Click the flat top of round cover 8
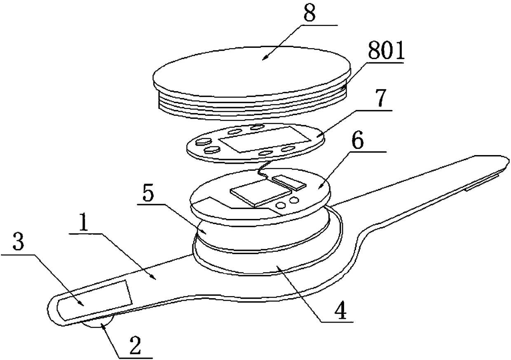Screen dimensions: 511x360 click(x=251, y=68)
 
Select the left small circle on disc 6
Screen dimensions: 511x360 click(x=281, y=205)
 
